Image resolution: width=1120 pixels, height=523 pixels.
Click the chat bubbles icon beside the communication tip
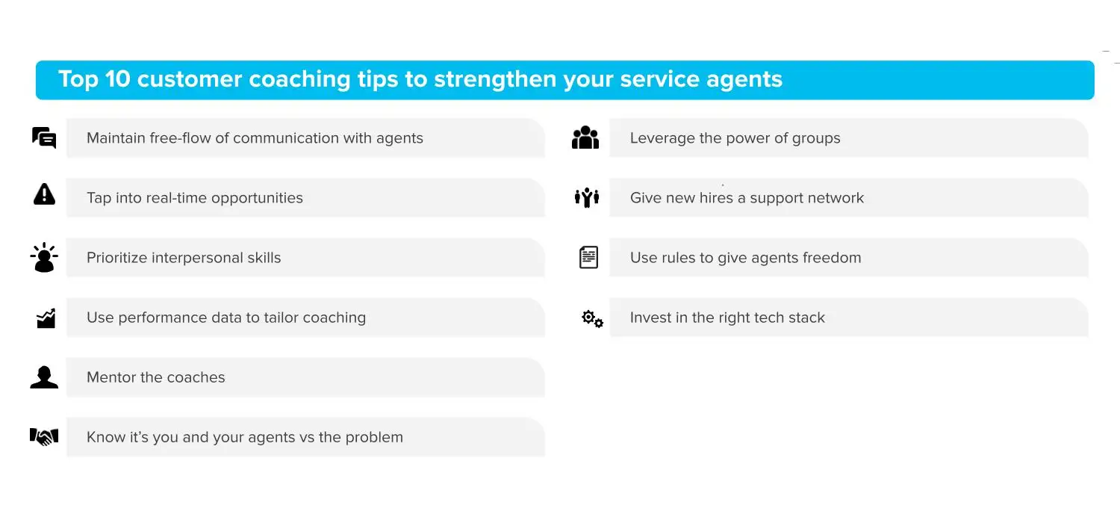pos(44,138)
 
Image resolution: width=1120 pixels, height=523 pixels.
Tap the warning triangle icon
pos(44,196)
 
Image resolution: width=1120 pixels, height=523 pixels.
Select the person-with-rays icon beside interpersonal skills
pos(44,258)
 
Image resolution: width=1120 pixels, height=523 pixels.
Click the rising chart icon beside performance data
pos(46,318)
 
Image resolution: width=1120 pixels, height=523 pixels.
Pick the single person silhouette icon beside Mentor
pos(44,377)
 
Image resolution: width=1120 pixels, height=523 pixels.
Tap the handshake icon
pos(44,436)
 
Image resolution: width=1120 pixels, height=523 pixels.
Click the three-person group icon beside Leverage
pos(585,137)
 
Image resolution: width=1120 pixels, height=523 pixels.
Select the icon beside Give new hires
pos(587,197)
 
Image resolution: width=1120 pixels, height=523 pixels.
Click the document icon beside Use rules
pos(588,258)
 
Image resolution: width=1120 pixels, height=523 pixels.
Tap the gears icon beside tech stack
pos(592,320)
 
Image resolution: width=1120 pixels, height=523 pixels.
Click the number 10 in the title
pos(118,79)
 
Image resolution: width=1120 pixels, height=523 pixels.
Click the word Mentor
pos(111,377)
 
